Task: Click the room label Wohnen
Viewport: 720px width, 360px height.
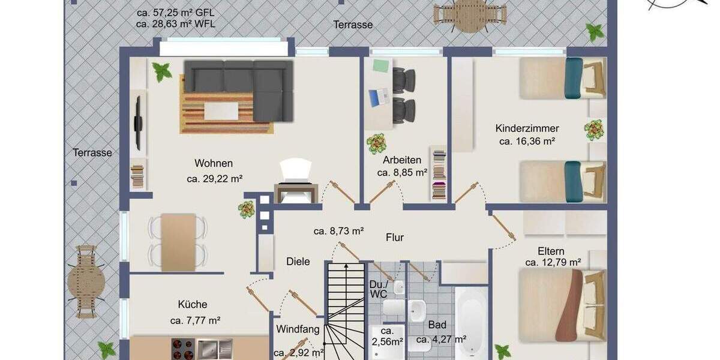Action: [214, 163]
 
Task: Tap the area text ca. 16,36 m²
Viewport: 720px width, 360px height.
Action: [526, 142]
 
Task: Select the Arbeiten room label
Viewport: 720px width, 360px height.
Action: [402, 160]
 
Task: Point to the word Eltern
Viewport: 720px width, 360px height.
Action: [551, 251]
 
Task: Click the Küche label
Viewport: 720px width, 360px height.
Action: [192, 304]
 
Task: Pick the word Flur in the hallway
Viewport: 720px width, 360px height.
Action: [395, 238]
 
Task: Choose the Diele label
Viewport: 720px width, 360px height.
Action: [298, 262]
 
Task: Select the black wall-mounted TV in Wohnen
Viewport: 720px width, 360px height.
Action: [138, 123]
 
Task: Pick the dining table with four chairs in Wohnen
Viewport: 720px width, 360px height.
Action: [178, 241]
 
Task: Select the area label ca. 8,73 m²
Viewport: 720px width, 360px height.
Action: [339, 230]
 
